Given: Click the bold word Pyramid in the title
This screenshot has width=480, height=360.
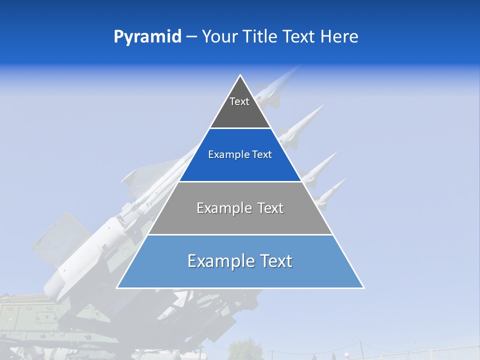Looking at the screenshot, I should pos(147,37).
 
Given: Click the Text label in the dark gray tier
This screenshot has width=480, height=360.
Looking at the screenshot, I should pos(239,101).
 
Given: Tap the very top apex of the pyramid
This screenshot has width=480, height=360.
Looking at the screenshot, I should pos(240,75).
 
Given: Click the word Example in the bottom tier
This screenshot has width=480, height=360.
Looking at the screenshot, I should pos(218,261).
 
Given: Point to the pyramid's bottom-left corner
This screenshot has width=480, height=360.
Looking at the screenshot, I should pos(117,287).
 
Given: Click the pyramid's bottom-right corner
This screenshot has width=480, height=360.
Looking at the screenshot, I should pos(363,287).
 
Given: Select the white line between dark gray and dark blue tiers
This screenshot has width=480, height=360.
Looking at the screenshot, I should pos(240,128).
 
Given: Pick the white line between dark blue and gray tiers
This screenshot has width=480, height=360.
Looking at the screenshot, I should pos(240,181).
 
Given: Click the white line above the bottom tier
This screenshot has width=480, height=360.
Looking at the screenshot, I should pos(240,234).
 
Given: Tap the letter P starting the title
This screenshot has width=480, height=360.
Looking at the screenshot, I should pos(118,37).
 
